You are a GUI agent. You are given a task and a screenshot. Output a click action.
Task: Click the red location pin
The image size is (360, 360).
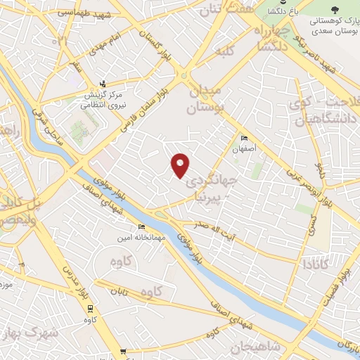pyautogui.click(x=181, y=165)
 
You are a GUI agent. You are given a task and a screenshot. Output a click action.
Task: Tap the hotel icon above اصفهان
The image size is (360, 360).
pyautogui.click(x=244, y=138)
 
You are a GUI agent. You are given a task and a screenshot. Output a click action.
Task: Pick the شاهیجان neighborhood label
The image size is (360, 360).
pyautogui.click(x=255, y=346)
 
